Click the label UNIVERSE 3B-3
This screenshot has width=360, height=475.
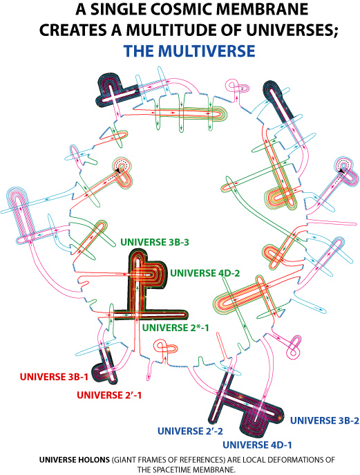tap(155, 243)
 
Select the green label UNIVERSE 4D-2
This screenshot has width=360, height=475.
tap(205, 273)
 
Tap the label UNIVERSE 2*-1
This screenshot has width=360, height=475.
tap(176, 328)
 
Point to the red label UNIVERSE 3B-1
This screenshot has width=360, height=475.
tap(54, 377)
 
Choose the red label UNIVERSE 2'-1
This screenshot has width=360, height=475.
tap(109, 395)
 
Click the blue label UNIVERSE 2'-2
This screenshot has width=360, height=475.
tap(191, 431)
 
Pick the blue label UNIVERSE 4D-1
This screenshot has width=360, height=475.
tap(257, 445)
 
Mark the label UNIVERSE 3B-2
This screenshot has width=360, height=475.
tap(325, 421)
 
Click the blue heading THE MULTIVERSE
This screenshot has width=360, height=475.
tap(189, 51)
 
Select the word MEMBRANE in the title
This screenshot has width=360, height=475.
tap(260, 10)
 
